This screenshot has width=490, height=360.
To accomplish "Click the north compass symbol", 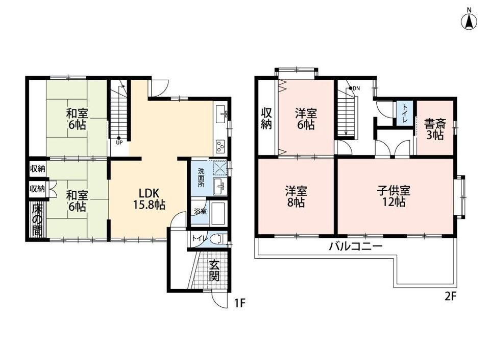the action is click(x=469, y=20).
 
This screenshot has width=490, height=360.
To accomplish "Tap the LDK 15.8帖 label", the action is click(x=149, y=198).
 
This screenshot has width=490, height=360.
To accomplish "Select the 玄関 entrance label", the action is click(x=214, y=271).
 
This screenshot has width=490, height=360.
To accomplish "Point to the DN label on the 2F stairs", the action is click(x=356, y=88).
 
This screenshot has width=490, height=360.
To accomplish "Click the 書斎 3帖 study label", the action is click(x=435, y=129).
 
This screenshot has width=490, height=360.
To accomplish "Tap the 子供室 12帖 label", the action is click(x=394, y=196).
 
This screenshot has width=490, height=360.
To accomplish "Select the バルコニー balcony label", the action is click(x=356, y=246).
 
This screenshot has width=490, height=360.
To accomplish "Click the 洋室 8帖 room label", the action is click(x=296, y=196).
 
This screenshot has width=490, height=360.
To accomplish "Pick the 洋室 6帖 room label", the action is click(x=306, y=119).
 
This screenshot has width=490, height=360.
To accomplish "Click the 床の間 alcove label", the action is click(x=37, y=219).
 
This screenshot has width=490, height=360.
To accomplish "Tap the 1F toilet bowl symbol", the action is click(x=218, y=238).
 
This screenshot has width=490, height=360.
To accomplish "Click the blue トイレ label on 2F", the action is click(x=405, y=113).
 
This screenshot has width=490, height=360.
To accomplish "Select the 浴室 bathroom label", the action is click(x=200, y=211).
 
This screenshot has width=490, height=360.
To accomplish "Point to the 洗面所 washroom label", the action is click(x=201, y=177).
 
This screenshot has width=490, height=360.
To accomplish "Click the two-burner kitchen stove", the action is click(x=220, y=146).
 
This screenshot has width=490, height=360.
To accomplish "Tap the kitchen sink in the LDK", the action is click(x=221, y=114).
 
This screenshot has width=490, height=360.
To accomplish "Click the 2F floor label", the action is click(x=451, y=296).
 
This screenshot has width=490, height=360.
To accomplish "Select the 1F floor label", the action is click(x=240, y=303).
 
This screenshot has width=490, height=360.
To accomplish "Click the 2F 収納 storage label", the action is click(x=266, y=119).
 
